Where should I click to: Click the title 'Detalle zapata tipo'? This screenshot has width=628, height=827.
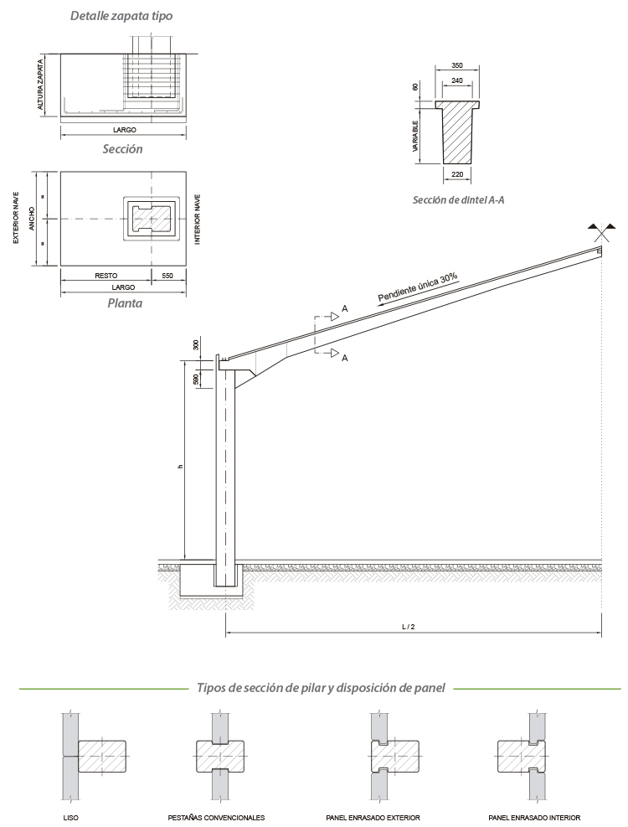pyautogui.click(x=122, y=16)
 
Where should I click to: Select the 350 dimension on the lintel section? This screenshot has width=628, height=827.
pyautogui.click(x=456, y=65)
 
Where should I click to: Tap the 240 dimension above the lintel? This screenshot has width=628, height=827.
pyautogui.click(x=456, y=80)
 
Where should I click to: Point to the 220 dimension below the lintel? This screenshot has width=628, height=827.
pyautogui.click(x=456, y=174)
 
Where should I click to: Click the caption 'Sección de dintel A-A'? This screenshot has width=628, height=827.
pyautogui.click(x=458, y=200)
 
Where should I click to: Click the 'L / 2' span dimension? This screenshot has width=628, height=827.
pyautogui.click(x=413, y=627)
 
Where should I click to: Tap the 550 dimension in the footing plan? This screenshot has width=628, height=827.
pyautogui.click(x=167, y=275)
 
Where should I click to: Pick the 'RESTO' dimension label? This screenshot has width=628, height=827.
pyautogui.click(x=106, y=275)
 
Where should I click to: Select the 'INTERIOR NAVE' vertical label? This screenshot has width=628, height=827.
pyautogui.click(x=198, y=219)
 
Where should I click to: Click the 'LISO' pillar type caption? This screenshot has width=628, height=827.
pyautogui.click(x=71, y=817)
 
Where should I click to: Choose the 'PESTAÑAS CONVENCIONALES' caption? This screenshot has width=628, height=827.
pyautogui.click(x=216, y=817)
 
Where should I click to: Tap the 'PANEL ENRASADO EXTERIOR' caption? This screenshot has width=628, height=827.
pyautogui.click(x=373, y=817)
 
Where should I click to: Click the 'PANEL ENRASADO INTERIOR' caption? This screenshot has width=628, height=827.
pyautogui.click(x=534, y=817)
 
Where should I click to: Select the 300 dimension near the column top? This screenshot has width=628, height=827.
pyautogui.click(x=196, y=345)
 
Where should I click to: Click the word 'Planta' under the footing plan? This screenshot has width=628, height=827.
pyautogui.click(x=125, y=303)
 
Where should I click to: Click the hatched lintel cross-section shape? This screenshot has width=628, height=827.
pyautogui.click(x=456, y=132)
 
